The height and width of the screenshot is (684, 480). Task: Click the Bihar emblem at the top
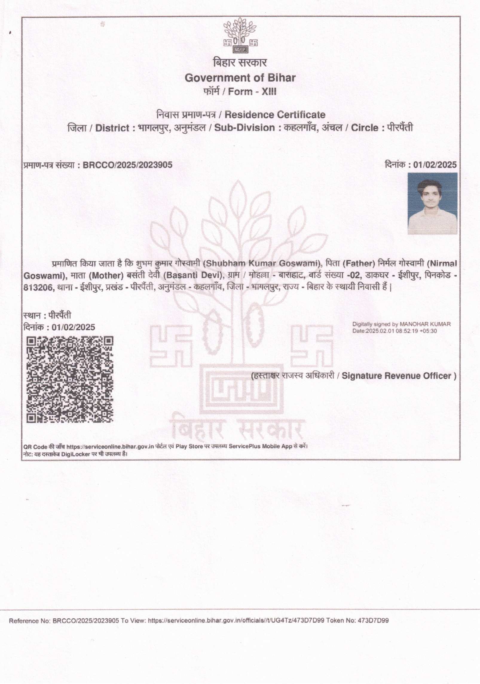[240, 36]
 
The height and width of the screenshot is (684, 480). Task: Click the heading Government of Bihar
[240, 78]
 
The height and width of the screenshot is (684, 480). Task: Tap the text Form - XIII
[252, 92]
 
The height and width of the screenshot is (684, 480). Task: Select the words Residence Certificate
[275, 115]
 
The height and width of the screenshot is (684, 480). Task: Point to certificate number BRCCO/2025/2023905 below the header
[127, 165]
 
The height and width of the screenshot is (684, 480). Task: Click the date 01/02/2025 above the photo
[435, 165]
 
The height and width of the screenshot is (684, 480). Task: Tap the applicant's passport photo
[432, 203]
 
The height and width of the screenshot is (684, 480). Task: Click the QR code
[70, 379]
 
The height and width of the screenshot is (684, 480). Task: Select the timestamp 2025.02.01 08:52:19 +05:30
[401, 331]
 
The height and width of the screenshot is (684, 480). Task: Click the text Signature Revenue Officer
[396, 376]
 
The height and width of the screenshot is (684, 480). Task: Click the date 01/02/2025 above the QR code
[73, 327]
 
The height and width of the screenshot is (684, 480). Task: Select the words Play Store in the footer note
[189, 447]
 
